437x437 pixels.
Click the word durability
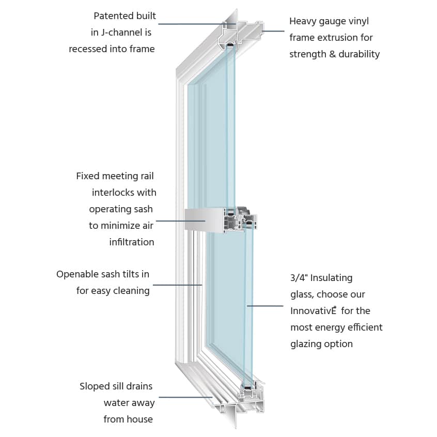(x=359, y=54)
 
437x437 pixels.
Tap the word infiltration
(x=132, y=242)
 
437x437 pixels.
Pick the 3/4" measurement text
(x=300, y=278)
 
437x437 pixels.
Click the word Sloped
(x=95, y=386)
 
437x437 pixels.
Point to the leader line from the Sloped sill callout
(x=186, y=397)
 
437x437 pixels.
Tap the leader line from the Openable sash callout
(x=178, y=285)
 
